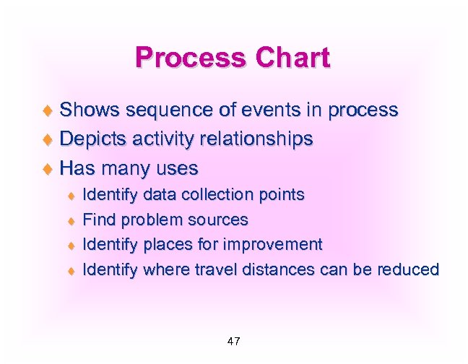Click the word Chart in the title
pos(291,58)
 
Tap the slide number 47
pos(233,341)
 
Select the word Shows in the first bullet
pos(90,110)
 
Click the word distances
pos(268,270)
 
